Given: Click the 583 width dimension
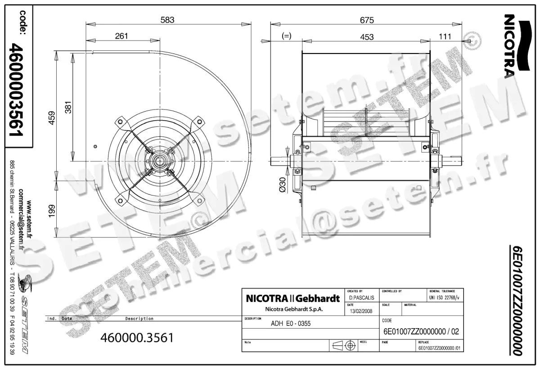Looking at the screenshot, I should click(167, 19).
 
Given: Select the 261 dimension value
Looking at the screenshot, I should click(121, 36).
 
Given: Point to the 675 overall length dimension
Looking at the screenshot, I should click(367, 19).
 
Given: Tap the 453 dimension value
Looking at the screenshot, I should click(367, 37).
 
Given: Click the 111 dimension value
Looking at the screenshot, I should click(445, 37).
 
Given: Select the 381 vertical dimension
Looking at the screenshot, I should click(68, 107).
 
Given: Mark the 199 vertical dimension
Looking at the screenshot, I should click(52, 211).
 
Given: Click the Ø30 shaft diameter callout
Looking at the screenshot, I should click(283, 185).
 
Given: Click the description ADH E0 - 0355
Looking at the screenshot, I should click(291, 323).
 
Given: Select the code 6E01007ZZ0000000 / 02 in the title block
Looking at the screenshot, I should click(421, 332).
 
